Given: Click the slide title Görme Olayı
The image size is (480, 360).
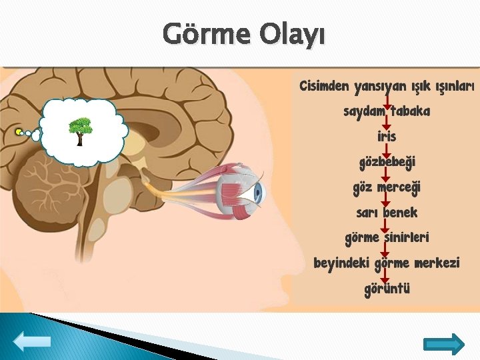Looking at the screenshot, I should tap(244, 34).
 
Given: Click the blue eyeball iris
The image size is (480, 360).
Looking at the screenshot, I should tap(258, 193).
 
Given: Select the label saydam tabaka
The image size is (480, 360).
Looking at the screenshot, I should tap(386, 111).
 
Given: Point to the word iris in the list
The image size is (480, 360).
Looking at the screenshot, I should tap(386, 137).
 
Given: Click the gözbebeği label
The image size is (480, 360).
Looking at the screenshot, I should tap(387, 162).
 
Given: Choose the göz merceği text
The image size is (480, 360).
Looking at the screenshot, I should tap(387, 187).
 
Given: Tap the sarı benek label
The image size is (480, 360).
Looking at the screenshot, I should tap(387, 213).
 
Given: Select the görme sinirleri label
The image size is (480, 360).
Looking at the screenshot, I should tap(387, 238).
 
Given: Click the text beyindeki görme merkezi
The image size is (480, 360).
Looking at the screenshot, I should tap(387, 263).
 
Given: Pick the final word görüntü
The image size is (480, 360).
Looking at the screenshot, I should tap(387, 289).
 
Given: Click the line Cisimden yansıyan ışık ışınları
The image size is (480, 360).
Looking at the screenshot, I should tap(387, 87).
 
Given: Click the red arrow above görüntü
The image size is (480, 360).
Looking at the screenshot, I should tap(385, 276).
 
